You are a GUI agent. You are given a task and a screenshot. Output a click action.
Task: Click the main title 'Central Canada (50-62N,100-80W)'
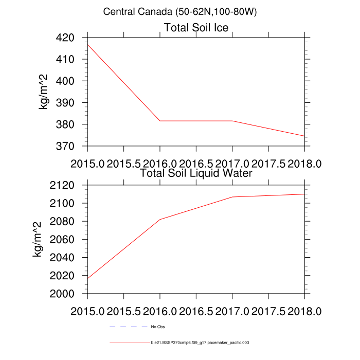tap(179, 11)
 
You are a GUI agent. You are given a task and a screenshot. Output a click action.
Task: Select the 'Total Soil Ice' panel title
tap(196, 27)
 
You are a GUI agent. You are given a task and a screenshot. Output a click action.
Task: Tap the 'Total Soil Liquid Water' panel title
tap(196, 173)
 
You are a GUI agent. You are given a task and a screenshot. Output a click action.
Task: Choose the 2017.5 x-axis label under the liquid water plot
tap(268, 312)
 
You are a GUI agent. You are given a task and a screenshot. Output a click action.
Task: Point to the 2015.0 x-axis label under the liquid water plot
tap(87, 312)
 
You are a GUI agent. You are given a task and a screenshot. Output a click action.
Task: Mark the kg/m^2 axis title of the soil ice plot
tap(45, 92)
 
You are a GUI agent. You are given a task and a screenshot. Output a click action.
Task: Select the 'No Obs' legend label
tap(158, 327)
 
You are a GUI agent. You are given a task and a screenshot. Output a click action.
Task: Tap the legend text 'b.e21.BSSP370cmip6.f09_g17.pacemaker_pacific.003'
tap(200, 342)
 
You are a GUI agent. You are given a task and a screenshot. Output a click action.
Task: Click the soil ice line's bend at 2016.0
tap(160, 121)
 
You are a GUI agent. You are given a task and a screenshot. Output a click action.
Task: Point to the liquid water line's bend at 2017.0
tap(232, 197)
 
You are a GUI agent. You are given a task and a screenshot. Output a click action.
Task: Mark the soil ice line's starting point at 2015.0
tap(88, 45)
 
